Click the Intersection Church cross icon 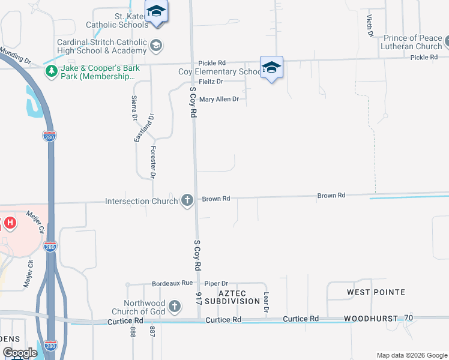(187, 200)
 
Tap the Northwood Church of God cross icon (175, 307)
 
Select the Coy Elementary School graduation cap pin (271, 68)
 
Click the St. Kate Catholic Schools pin (157, 13)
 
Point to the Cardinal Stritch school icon (156, 46)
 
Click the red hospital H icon (10, 223)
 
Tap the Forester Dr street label (154, 163)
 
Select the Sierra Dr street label (134, 109)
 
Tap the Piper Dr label (217, 283)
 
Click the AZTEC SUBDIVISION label (231, 296)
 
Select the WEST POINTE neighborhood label (376, 292)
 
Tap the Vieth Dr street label (370, 25)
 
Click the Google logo (19, 353)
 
